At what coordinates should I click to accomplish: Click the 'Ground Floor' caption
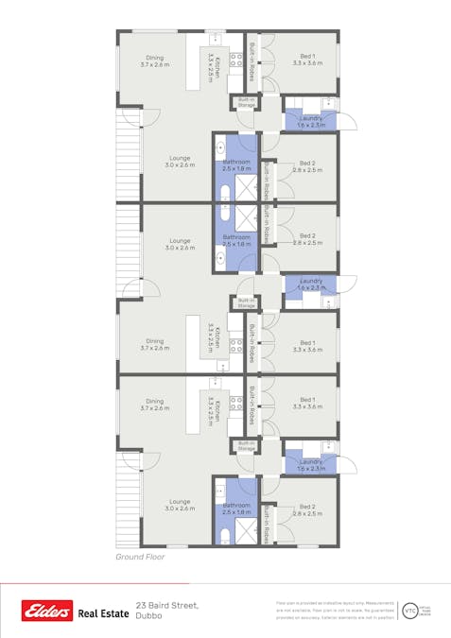[140, 558]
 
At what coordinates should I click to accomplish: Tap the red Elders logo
[47, 612]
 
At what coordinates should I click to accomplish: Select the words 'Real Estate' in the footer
[103, 613]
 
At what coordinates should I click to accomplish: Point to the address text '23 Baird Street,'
[167, 604]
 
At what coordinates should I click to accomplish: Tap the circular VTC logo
[409, 611]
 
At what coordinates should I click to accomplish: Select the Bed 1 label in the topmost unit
[308, 59]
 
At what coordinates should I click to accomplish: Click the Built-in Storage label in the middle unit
[246, 302]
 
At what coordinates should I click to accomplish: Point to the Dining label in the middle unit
[155, 344]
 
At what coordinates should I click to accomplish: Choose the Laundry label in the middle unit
[311, 284]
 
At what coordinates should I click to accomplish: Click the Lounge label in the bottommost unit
[181, 505]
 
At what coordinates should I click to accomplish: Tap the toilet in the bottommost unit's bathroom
[223, 535]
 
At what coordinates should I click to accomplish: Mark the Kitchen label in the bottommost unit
[217, 412]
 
